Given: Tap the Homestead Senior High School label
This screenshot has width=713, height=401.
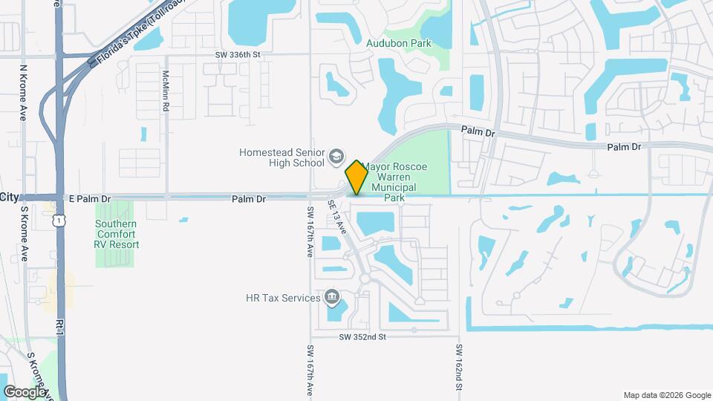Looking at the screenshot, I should [x=282, y=157].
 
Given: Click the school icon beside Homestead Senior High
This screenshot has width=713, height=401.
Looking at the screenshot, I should [x=336, y=156].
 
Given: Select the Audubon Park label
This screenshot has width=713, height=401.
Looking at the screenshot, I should [x=399, y=43].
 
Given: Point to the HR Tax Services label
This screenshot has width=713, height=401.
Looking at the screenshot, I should [x=282, y=299].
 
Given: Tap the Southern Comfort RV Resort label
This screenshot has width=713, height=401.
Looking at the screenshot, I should [x=117, y=234].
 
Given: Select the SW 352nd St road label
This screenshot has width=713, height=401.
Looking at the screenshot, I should [x=363, y=336].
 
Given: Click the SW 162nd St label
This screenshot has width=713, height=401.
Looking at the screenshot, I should [x=460, y=368].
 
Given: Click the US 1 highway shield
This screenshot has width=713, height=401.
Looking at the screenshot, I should [x=58, y=221].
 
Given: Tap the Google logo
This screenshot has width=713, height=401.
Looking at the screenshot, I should [x=24, y=392].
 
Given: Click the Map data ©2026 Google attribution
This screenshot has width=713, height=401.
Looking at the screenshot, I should [x=667, y=395].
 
